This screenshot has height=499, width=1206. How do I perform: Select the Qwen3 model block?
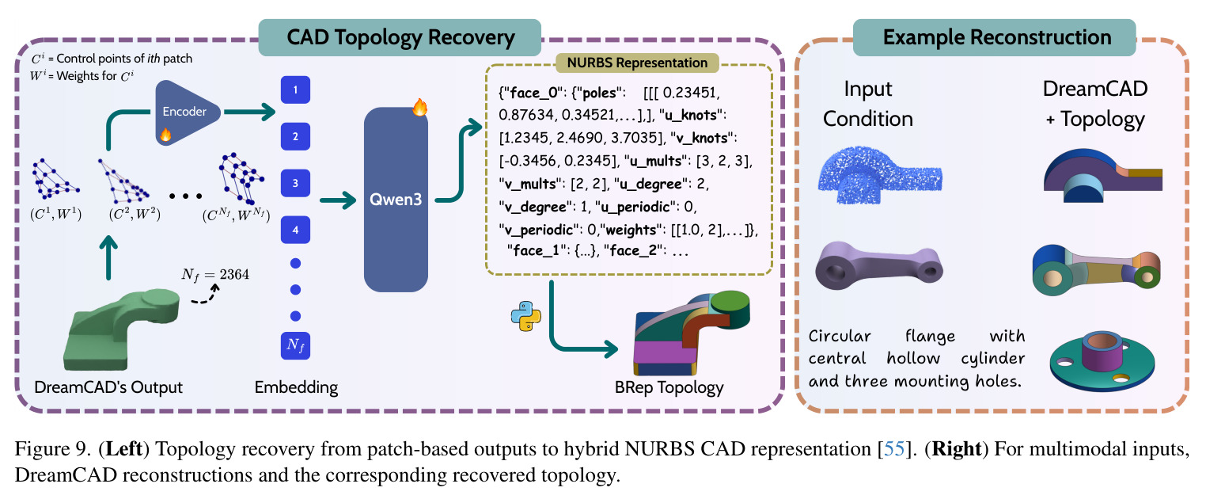pos(396,200)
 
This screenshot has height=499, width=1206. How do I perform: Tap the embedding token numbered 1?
pos(295,90)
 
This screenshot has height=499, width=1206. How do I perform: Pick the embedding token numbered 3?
pos(295,183)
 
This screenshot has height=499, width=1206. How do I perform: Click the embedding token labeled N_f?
pos(295,345)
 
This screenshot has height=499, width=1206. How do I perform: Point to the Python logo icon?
pos(526,316)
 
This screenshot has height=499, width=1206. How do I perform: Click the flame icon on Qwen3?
pos(420,107)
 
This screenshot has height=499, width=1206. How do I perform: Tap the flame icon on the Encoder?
pos(166,134)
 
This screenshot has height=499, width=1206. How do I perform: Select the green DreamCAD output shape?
pos(121,329)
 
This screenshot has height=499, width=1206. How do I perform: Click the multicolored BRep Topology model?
pos(692,334)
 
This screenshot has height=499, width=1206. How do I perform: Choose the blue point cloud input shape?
pos(880,174)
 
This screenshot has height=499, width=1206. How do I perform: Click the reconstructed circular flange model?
pos(1102,361)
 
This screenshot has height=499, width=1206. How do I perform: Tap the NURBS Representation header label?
pos(637,63)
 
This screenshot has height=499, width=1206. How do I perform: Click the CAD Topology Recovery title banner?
pos(400,38)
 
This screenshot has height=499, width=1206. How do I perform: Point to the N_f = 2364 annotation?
pos(215,275)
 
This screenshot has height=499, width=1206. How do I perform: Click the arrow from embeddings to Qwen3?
pos(338,200)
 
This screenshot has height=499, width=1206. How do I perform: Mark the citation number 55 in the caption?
pos(894,448)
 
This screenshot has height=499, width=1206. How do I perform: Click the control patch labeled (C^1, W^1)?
pos(55,178)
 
